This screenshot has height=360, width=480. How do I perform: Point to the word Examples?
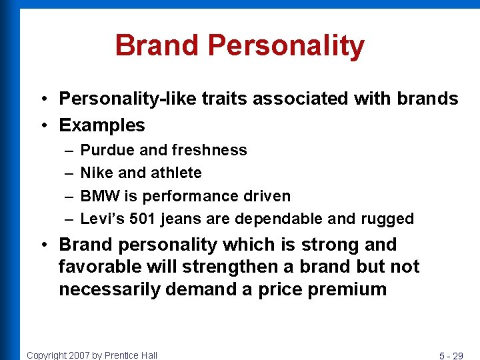[102, 125]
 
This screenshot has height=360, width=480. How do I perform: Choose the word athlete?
[177, 173]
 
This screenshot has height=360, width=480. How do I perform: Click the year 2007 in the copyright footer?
[81, 355]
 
